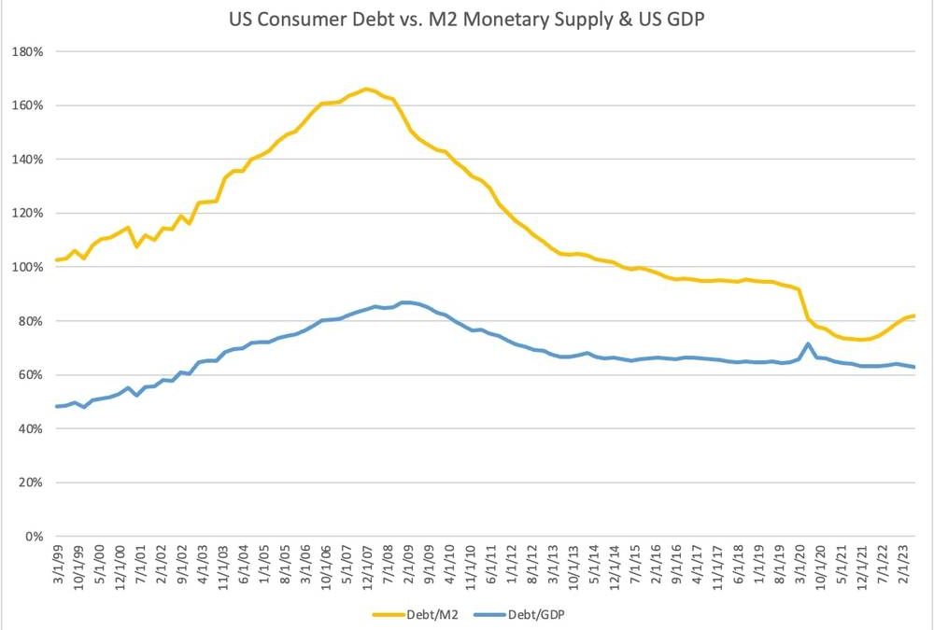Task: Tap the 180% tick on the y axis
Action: pyautogui.click(x=29, y=51)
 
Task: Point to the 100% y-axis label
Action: pyautogui.click(x=29, y=267)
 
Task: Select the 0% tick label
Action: pyautogui.click(x=35, y=537)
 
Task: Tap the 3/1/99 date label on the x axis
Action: pyautogui.click(x=58, y=566)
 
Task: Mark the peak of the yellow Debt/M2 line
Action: pyautogui.click(x=365, y=89)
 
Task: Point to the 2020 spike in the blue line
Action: pyautogui.click(x=807, y=344)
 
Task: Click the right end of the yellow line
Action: pyautogui.click(x=913, y=315)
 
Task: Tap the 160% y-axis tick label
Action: pyautogui.click(x=29, y=105)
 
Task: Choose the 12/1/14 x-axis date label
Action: pyautogui.click(x=612, y=566)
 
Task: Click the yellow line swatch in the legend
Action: pyautogui.click(x=387, y=615)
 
